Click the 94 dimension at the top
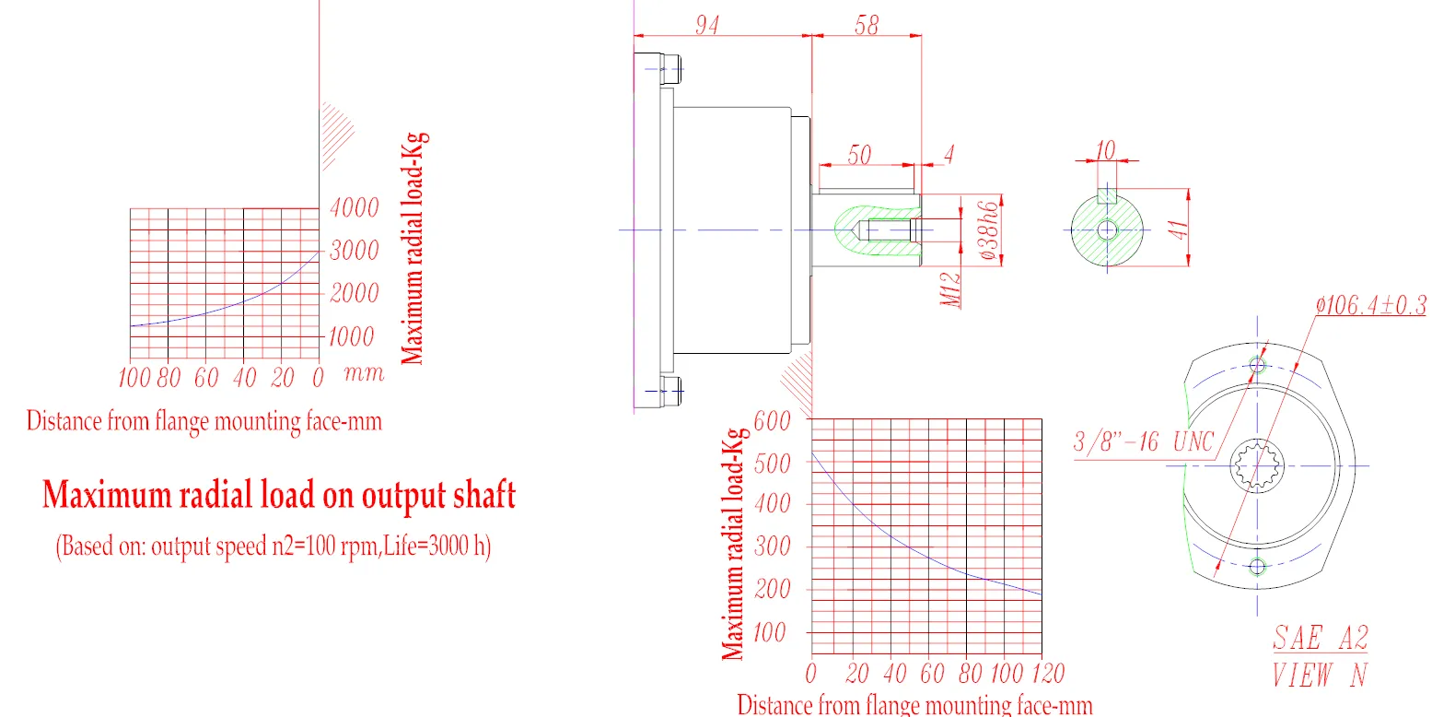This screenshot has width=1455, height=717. pos(706,25)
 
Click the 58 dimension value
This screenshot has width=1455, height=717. pos(867,25)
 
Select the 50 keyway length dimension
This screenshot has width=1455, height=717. pos(859,155)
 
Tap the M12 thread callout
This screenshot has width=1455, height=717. pos(951,289)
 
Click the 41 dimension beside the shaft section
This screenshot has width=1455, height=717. pos(1178,229)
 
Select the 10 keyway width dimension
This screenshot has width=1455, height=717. pos(1105,150)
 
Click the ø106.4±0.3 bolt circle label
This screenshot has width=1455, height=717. pos(1370,305)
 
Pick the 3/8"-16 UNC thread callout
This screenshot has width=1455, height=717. pos(1144,442)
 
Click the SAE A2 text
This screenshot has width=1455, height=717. pos(1320,638)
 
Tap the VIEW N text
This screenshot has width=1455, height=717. pos(1320,676)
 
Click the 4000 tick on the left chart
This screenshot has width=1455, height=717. pos(355,207)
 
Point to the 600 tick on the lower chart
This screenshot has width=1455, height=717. pos(772,421)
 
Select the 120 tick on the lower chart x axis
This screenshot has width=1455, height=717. pos(1048,674)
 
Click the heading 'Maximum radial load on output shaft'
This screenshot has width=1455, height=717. pos(278,496)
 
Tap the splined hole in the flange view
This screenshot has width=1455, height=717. pos(1257,465)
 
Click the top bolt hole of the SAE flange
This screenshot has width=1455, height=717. pos(1257,365)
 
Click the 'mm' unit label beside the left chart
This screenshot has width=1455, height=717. pos(364,373)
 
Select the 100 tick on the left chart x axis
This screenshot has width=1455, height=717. pos(134,377)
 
